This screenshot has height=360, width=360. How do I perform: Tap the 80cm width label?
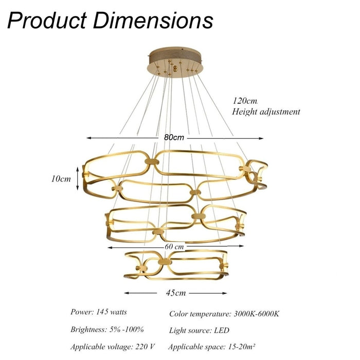pyautogui.click(x=174, y=138)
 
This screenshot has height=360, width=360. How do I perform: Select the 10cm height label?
pyautogui.click(x=61, y=179)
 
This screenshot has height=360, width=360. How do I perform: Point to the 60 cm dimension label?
pyautogui.click(x=174, y=247)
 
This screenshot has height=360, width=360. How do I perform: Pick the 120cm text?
pyautogui.click(x=245, y=101)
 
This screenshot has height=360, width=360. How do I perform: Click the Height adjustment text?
pyautogui.click(x=266, y=111)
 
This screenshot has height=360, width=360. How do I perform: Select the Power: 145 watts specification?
pyautogui.click(x=99, y=312)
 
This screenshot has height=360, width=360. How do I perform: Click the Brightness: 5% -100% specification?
pyautogui.click(x=107, y=329)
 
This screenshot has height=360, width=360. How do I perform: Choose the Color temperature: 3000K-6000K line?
pyautogui.click(x=224, y=313)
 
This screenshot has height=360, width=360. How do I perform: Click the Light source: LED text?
pyautogui.click(x=199, y=330)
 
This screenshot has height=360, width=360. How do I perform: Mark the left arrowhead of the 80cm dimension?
pyautogui.click(x=88, y=138)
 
